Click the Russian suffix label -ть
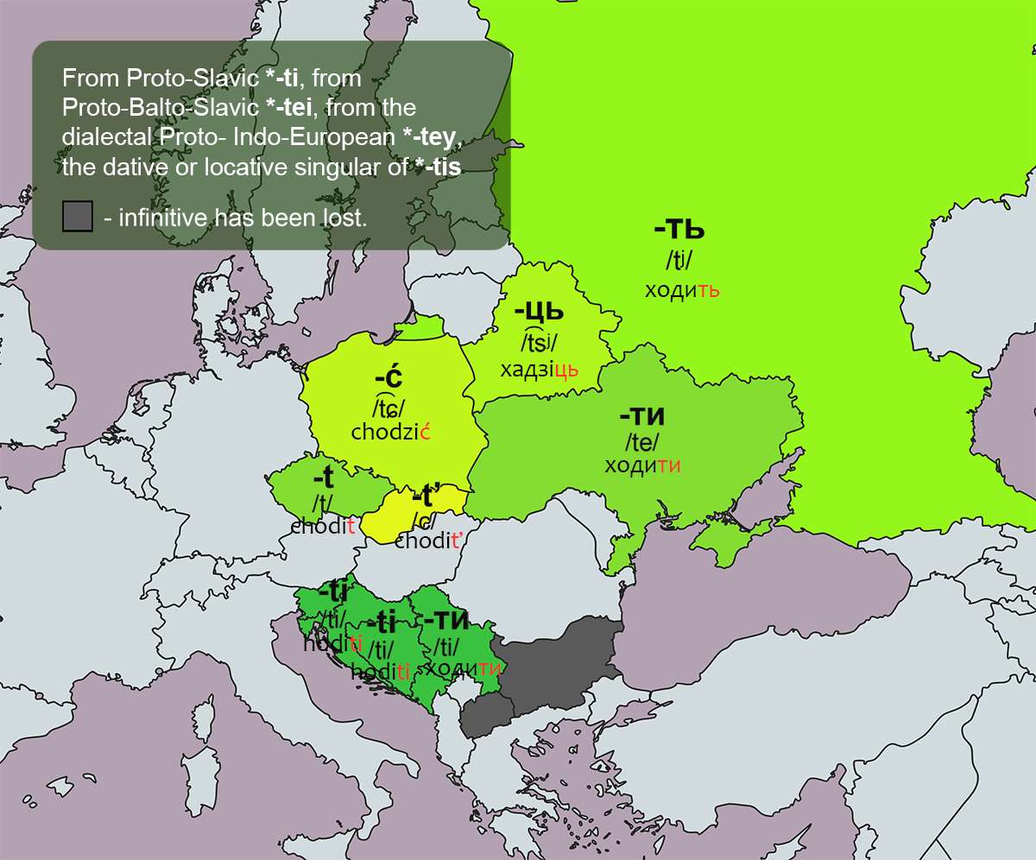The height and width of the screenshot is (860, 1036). tap(679, 231)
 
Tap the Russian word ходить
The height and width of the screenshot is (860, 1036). tap(682, 290)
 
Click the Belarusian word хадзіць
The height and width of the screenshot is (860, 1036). tap(539, 370)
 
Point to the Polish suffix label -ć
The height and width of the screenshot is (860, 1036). tap(388, 378)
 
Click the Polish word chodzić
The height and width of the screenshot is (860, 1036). tap(390, 433)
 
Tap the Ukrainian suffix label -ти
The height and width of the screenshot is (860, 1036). tap(642, 415)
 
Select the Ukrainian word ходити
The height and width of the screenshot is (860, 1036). tap(643, 466)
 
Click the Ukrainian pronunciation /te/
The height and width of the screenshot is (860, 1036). tap(641, 442)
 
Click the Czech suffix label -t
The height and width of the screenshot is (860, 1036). tap(323, 477)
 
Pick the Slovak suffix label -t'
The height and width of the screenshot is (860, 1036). tap(426, 496)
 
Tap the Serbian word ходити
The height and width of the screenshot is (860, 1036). tap(464, 667)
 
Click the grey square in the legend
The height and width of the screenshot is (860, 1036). tap(77, 217)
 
